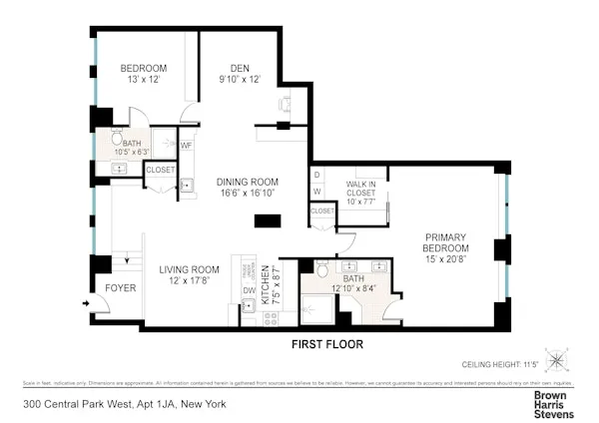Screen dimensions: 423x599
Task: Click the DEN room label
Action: pos(240,69)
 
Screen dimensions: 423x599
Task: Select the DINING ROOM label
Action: pos(247,182)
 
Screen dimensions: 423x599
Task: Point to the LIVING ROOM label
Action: pos(190,269)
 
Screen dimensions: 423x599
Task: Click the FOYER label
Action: pos(121,287)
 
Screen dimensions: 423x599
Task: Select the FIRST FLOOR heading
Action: pos(326,345)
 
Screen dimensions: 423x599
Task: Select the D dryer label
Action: pos(317,175)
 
